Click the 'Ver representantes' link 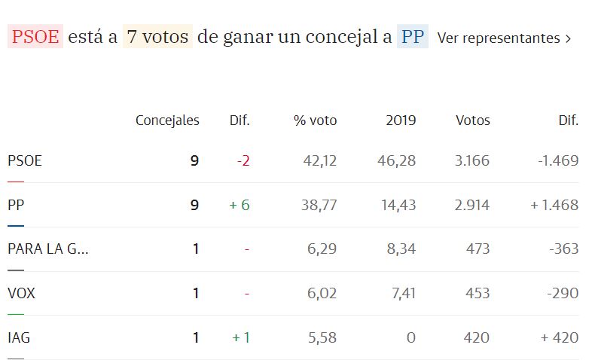[x=503, y=38]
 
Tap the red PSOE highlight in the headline [x=35, y=37]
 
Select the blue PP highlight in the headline [x=413, y=37]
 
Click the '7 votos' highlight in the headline [x=157, y=37]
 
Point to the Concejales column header [x=167, y=120]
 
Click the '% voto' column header [x=315, y=120]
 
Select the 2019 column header [x=401, y=120]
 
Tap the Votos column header [x=472, y=120]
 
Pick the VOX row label [x=21, y=293]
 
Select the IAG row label [x=19, y=337]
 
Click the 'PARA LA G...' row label [x=48, y=249]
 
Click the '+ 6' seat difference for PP [x=240, y=205]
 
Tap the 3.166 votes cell [x=472, y=160]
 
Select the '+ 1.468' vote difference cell [x=554, y=205]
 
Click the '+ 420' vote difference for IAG [x=560, y=337]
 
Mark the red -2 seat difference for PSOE [x=243, y=160]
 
